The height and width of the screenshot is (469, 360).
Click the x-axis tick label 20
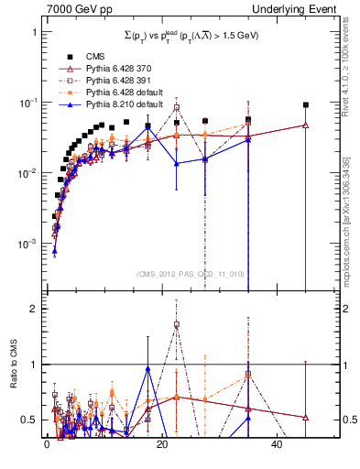click(x=162, y=445)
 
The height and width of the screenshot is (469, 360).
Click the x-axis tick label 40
click(x=278, y=445)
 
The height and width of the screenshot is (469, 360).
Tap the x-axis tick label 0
click(x=47, y=445)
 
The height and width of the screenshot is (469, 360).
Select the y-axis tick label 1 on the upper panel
click(x=34, y=32)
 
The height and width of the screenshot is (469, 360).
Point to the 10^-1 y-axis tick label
click(x=28, y=103)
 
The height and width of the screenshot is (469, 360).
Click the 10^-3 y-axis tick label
click(x=28, y=245)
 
